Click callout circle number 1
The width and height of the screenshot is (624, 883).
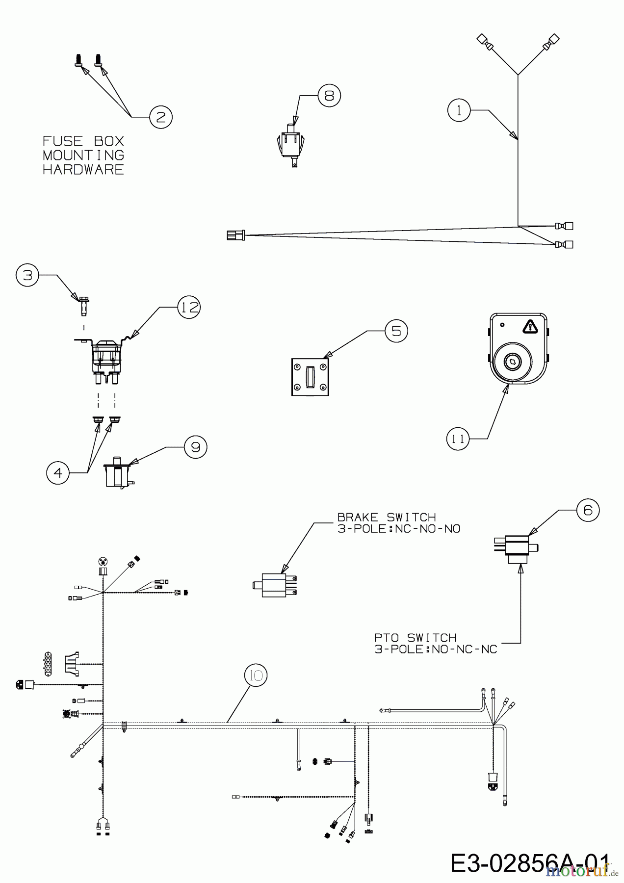pos(459,110)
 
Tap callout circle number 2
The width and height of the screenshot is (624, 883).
pos(161,117)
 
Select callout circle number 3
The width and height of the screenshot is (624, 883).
pos(27,275)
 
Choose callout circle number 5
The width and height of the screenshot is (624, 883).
pos(396,331)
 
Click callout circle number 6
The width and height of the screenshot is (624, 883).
pos(588,510)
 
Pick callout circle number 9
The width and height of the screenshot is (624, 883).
pos(195,447)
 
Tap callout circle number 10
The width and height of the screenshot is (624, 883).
pos(256,675)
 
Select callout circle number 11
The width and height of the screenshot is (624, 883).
pos(458,439)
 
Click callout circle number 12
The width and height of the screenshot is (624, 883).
pos(189,307)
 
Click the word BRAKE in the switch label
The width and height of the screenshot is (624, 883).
pos(358,517)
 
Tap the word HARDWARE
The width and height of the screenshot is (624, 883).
pos(83,170)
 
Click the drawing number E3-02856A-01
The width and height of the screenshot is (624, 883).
pos(530,863)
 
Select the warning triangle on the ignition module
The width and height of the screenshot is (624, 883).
pos(530,326)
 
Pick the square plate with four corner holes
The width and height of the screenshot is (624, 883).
pos(310,377)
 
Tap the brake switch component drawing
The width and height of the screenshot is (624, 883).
pos(275,585)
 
